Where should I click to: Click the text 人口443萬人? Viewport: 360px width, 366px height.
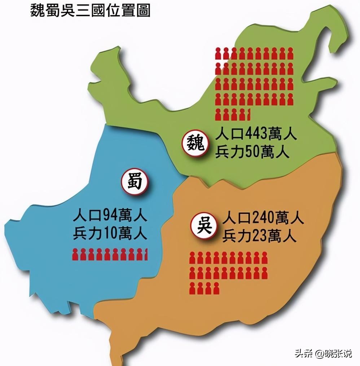click(256, 136)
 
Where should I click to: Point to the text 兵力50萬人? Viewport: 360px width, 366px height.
click(253, 153)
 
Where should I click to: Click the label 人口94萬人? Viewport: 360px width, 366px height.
click(110, 217)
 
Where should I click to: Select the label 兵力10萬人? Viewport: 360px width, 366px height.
click(110, 234)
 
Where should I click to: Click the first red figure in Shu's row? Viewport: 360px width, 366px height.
click(76, 254)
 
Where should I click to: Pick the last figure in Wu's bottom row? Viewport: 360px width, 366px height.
click(216, 288)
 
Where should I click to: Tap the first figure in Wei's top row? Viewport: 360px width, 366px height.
click(218, 53)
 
